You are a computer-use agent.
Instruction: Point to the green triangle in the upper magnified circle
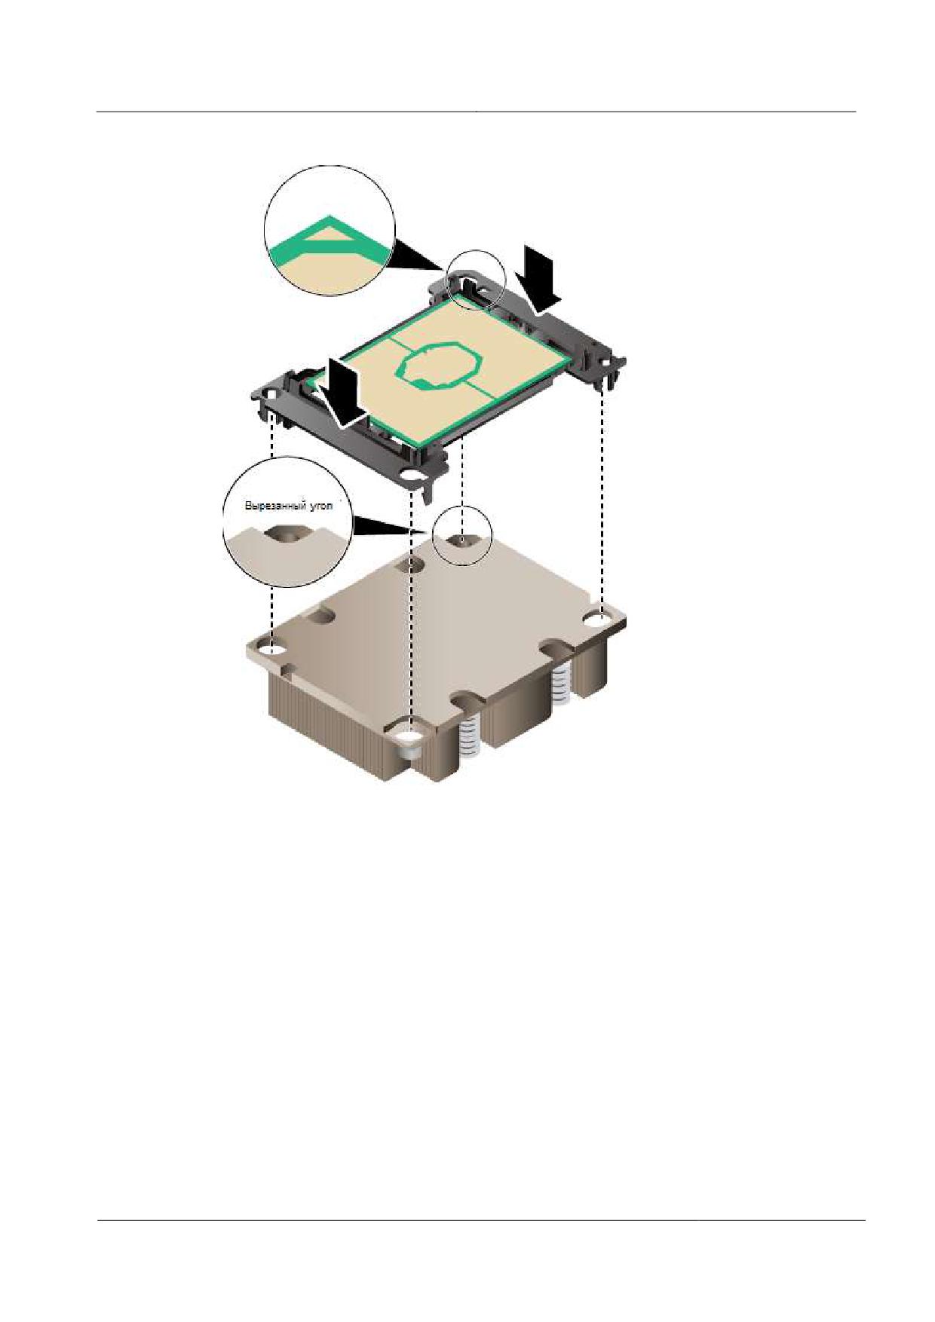[x=329, y=237]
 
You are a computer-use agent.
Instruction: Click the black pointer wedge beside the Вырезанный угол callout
[x=385, y=526]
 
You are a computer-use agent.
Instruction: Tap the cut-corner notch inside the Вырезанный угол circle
[x=287, y=534]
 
